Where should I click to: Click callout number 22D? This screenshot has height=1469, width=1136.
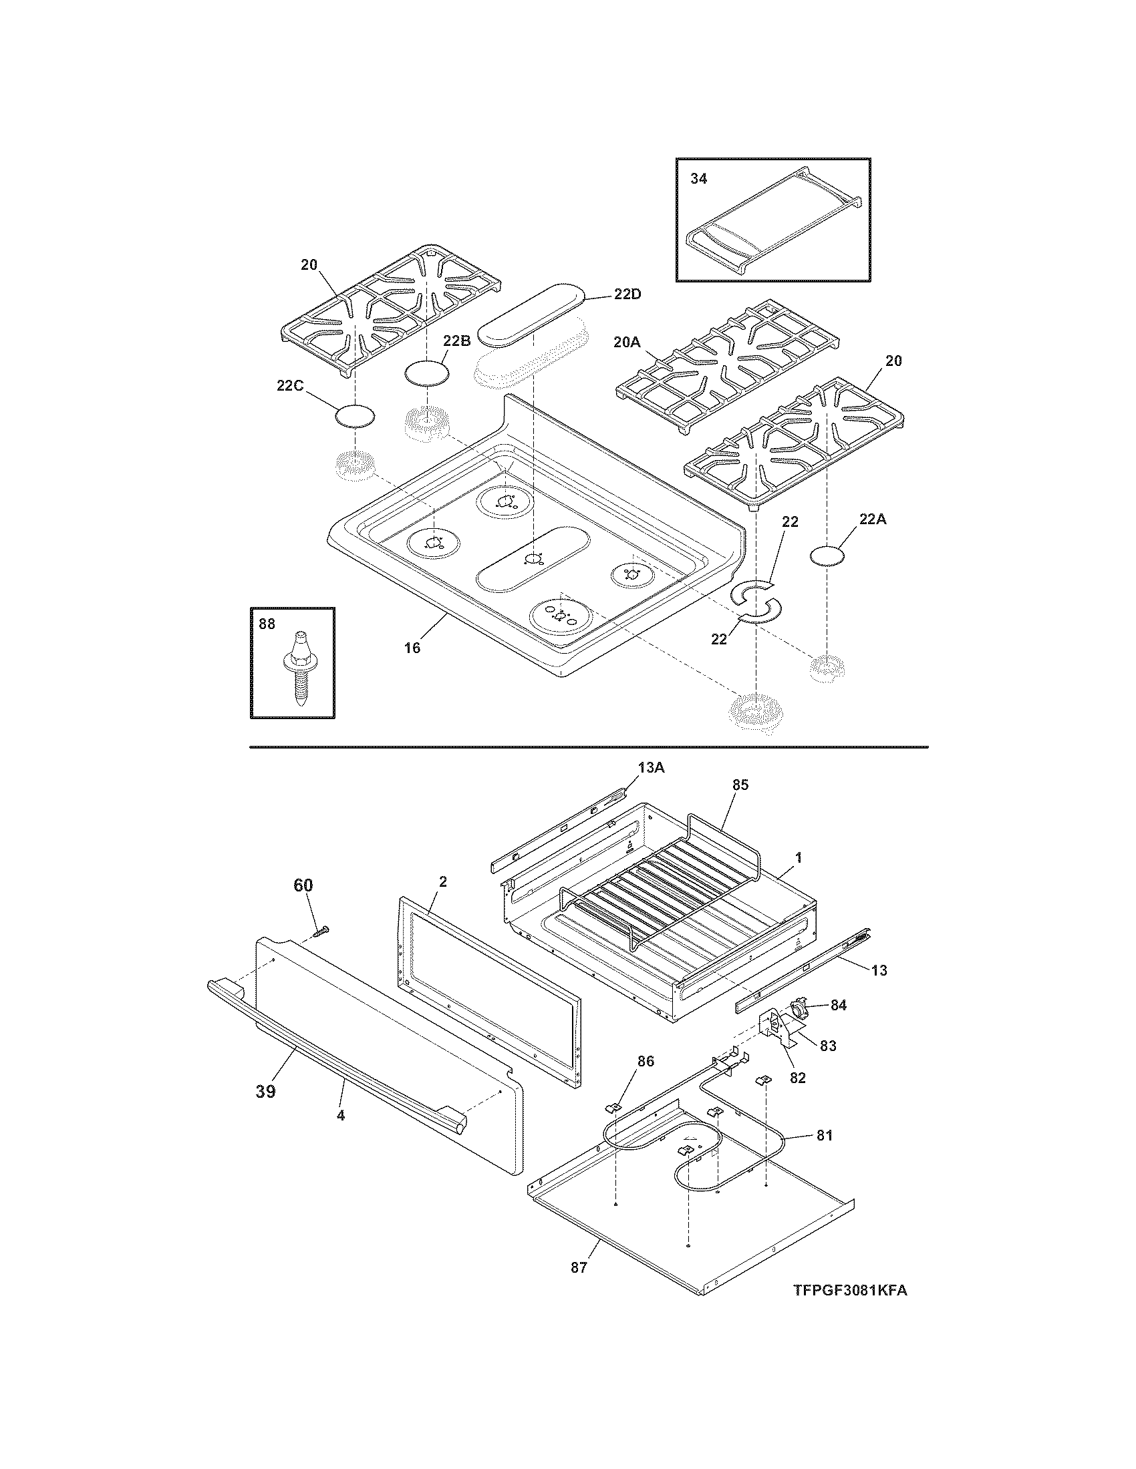tap(628, 294)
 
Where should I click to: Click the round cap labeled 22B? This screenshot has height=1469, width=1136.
tap(427, 373)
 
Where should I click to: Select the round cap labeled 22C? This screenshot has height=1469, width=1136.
tap(354, 416)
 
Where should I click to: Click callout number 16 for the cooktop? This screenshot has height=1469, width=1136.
tap(412, 648)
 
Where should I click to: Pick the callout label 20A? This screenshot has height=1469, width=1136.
tap(627, 343)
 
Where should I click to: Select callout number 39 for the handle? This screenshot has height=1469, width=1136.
tap(265, 1091)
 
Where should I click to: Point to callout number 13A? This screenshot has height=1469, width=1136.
tap(651, 768)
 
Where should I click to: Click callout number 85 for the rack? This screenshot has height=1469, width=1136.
tap(740, 785)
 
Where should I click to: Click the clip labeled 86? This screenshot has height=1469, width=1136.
tap(614, 1106)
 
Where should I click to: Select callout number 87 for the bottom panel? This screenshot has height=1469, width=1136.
tap(579, 1267)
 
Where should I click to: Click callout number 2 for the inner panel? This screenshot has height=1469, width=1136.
tap(443, 881)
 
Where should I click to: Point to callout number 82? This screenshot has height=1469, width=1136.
tap(797, 1078)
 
